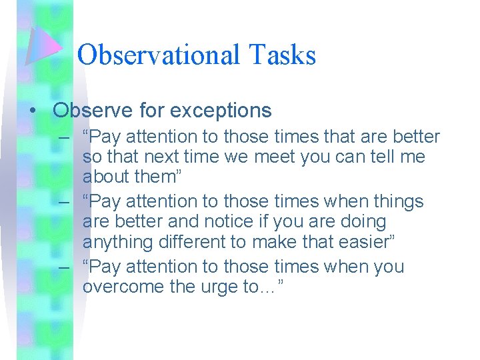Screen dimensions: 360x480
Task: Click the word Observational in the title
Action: tap(159, 55)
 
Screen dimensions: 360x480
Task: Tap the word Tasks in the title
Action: tap(283, 55)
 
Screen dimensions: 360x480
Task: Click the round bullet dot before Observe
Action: tap(33, 111)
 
